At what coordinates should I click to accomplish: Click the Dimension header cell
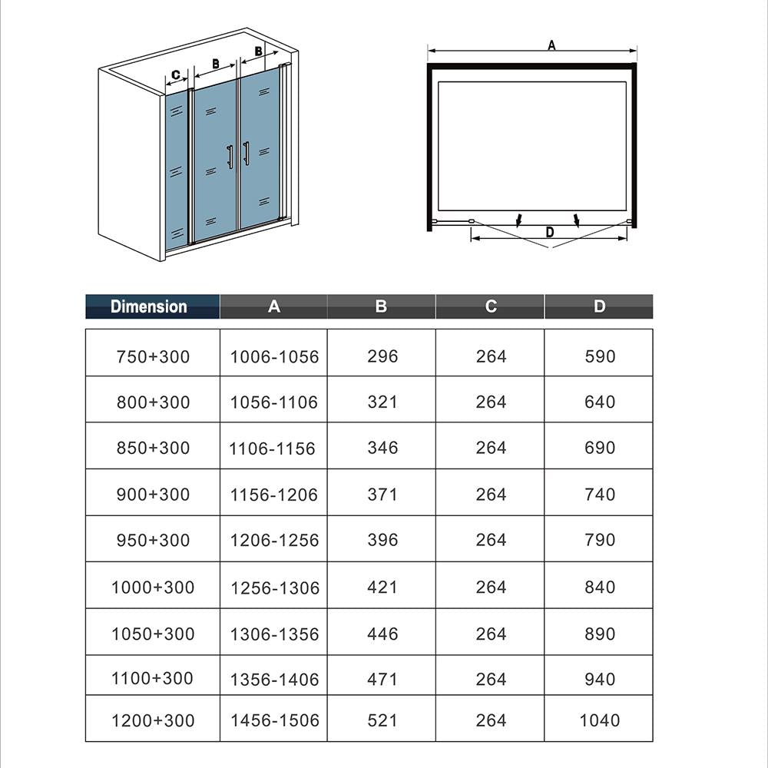(x=149, y=306)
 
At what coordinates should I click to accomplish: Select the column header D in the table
(x=599, y=306)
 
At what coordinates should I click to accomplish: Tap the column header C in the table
(x=491, y=306)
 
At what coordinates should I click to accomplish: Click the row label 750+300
(x=153, y=356)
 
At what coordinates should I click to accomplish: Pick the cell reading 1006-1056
(x=274, y=356)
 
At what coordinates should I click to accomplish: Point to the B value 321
(x=382, y=402)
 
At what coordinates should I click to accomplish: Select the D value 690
(x=599, y=448)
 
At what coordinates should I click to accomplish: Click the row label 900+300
(x=153, y=494)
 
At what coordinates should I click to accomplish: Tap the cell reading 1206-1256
(x=274, y=540)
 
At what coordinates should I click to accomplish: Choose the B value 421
(x=382, y=587)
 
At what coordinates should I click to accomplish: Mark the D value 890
(x=599, y=634)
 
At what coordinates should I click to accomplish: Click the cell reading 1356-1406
(x=274, y=679)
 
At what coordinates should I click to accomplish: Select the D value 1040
(x=599, y=720)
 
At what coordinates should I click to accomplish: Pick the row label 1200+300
(x=153, y=720)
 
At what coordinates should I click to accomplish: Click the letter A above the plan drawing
(x=551, y=45)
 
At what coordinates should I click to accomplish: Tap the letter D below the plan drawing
(x=549, y=232)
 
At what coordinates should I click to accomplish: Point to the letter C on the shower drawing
(x=176, y=75)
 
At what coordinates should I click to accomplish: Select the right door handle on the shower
(x=246, y=154)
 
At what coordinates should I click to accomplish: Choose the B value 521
(x=382, y=720)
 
